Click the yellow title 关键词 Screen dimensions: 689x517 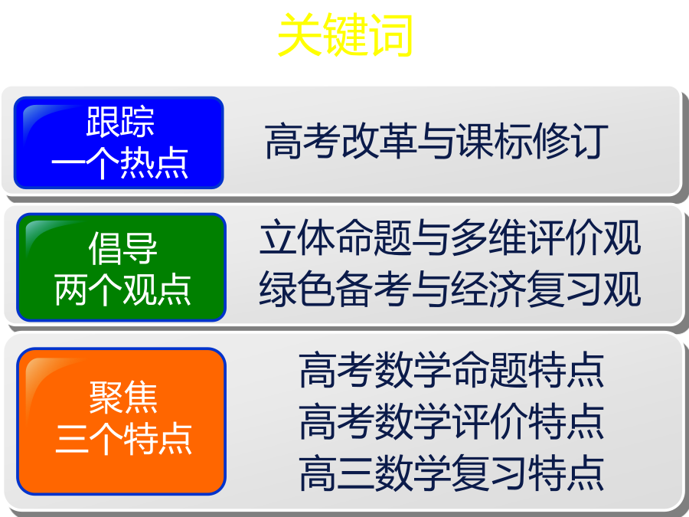(x=345, y=34)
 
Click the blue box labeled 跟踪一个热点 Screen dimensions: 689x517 (x=119, y=143)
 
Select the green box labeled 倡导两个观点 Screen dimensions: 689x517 (x=121, y=267)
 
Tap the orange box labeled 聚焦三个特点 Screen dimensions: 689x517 (x=121, y=421)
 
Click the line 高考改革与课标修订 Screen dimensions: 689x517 (x=437, y=141)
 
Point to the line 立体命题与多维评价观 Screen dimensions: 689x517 (x=450, y=237)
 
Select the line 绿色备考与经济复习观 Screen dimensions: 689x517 (x=450, y=289)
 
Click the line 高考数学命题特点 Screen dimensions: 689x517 (x=451, y=370)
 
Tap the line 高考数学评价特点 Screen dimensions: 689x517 (x=451, y=421)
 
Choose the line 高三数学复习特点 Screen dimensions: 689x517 (x=451, y=473)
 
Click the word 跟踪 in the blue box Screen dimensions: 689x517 (x=120, y=122)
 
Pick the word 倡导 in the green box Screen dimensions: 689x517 (x=122, y=248)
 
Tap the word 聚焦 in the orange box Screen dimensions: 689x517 (x=123, y=398)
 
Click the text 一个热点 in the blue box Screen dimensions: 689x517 (x=120, y=163)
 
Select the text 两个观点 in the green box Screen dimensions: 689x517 (x=122, y=290)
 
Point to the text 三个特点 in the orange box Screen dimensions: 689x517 (x=123, y=438)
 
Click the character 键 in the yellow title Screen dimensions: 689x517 (x=346, y=34)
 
